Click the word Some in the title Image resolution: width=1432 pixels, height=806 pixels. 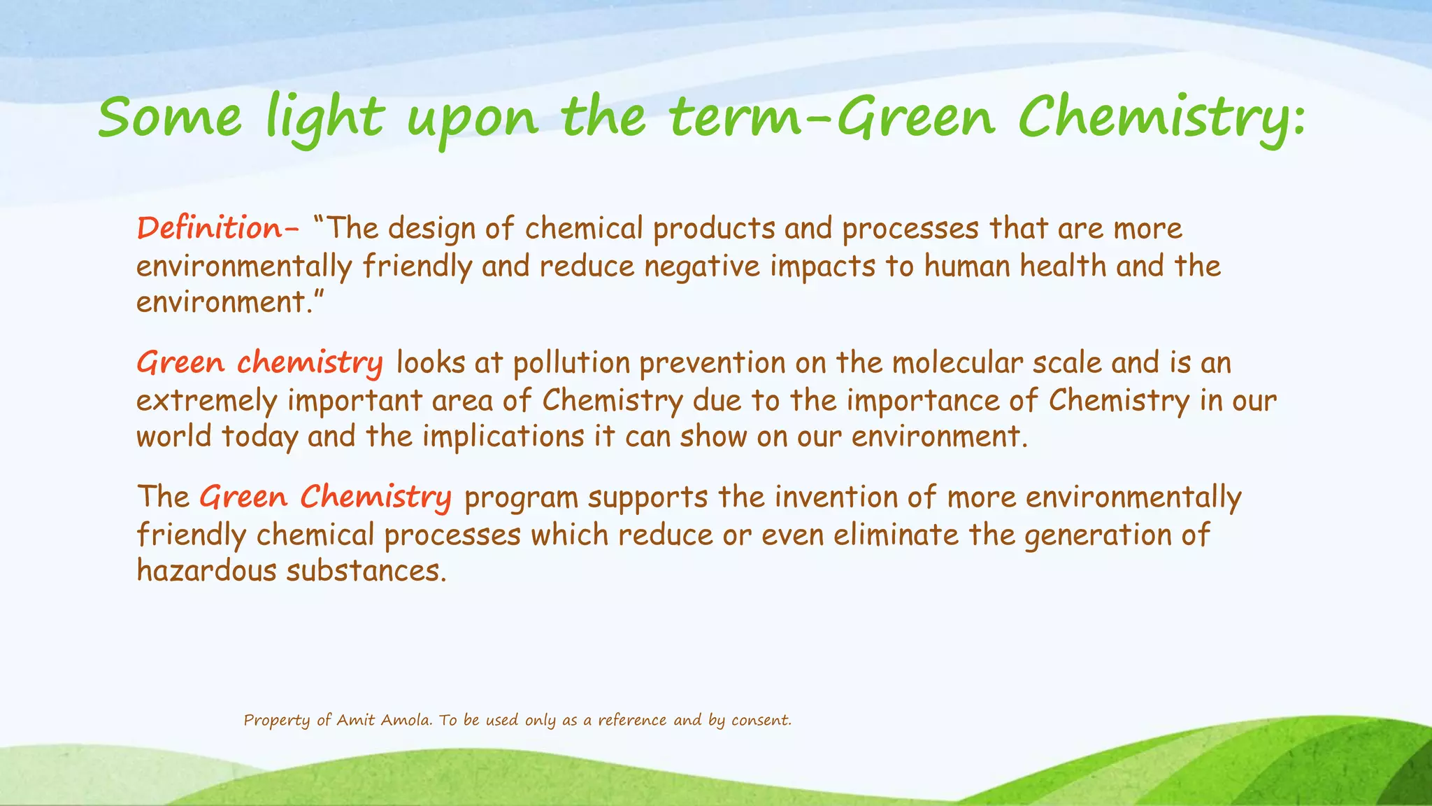pos(170,118)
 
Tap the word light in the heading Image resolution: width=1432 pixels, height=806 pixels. pos(324,118)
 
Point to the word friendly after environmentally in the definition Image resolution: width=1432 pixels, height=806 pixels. pos(417,267)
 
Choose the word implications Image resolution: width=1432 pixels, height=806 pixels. pos(503,437)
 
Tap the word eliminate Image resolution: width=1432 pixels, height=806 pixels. pos(896,535)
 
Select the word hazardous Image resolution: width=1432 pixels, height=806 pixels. pos(206,571)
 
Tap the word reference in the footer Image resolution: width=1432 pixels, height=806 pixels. pos(632,720)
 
